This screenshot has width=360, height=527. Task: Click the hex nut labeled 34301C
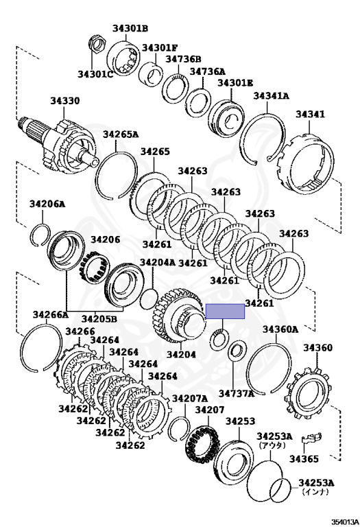(x=97, y=45)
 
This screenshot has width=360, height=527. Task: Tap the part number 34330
(x=65, y=100)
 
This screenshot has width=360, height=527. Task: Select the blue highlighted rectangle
(x=225, y=312)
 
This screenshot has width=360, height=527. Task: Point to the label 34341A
(x=271, y=96)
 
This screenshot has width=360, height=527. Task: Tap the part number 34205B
(x=99, y=318)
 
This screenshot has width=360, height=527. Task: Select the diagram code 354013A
(x=345, y=522)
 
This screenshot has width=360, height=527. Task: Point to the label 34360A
(x=280, y=329)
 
